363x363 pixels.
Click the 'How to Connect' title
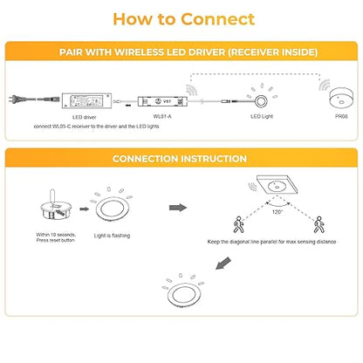coord(183,19)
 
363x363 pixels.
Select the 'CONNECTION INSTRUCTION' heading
coord(180,159)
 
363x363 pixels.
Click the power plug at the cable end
coord(14,99)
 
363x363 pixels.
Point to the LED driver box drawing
coord(86,100)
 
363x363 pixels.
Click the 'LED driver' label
coord(84,117)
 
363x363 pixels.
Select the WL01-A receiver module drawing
coord(162,101)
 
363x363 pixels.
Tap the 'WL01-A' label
coord(162,116)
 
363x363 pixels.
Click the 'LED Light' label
coord(262,116)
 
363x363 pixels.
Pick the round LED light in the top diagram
coord(261,101)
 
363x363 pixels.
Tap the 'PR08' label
coord(341,116)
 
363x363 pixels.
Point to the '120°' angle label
coord(277,212)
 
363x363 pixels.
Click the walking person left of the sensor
coord(238,224)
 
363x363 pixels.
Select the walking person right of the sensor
coord(318,224)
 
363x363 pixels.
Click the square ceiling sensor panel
coord(277,185)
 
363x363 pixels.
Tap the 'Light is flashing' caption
coord(112,236)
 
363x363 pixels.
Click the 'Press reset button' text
coord(56,240)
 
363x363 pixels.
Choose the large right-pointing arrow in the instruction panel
coord(178,208)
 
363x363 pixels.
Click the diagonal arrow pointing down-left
coord(223,264)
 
